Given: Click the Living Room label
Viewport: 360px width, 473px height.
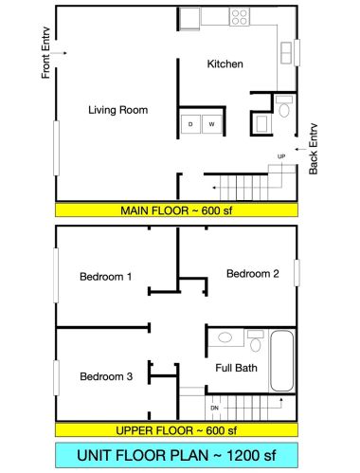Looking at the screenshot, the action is click(x=118, y=110).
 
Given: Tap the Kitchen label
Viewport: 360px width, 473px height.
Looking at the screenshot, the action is click(x=225, y=64).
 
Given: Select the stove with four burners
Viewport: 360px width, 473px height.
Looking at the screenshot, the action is click(x=240, y=17).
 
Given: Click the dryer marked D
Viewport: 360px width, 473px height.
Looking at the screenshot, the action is click(x=190, y=124).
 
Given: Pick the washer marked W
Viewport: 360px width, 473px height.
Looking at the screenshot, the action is click(x=211, y=124).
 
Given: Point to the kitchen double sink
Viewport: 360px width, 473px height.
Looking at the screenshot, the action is click(x=286, y=52).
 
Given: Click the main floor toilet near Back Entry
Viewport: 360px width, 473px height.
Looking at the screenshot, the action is click(x=284, y=106).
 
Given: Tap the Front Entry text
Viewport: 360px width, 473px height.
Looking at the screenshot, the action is click(x=45, y=53).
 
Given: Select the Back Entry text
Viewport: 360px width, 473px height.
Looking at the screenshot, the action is click(x=314, y=149).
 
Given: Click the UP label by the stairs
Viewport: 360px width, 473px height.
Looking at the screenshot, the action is click(x=281, y=156).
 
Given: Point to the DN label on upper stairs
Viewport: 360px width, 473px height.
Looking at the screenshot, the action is click(x=214, y=408).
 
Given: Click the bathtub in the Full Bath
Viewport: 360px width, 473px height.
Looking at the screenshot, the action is click(x=282, y=361).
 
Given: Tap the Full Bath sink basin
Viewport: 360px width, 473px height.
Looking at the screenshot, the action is click(x=225, y=337).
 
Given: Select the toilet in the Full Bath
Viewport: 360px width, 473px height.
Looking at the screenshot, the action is click(x=255, y=341).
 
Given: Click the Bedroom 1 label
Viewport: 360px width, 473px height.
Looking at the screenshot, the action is click(x=106, y=277).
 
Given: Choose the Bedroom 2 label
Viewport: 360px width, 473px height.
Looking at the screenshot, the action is click(x=253, y=273).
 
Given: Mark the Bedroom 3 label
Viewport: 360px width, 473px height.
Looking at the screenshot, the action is click(x=106, y=376).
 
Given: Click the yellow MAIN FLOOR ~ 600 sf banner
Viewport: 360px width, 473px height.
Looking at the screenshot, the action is click(x=176, y=210).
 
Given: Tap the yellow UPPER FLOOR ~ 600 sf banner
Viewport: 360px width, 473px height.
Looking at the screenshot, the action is click(x=176, y=430).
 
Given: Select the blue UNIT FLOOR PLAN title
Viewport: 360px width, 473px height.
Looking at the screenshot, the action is click(x=176, y=455).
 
